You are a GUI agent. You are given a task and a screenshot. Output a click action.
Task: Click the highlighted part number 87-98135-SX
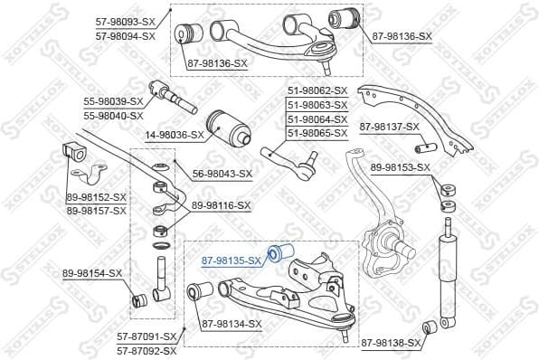coord(230,261)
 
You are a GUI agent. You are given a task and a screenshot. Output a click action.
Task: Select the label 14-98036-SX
coord(165,135)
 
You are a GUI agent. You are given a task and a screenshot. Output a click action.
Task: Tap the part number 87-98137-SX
coord(390,127)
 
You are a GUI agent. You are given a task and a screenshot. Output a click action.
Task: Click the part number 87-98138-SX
coord(391,343)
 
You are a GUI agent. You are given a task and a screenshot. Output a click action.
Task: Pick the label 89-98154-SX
coord(93,272)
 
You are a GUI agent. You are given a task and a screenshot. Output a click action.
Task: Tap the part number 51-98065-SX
coord(317,133)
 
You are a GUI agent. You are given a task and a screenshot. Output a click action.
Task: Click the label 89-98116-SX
coord(222,206)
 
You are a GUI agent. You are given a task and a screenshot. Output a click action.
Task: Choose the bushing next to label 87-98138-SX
coord(432,327)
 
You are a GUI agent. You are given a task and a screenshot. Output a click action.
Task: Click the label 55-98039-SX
coord(114,102)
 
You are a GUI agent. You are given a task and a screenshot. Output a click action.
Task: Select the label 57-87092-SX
coord(147,348)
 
